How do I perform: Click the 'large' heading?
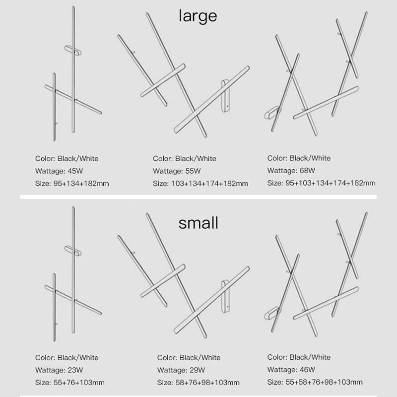tap(198, 16)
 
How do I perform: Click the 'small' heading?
tap(198, 223)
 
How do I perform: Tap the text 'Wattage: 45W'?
tap(59, 171)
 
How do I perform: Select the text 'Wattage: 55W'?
tap(177, 171)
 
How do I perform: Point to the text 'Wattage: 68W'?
tap(291, 170)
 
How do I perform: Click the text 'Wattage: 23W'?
tap(59, 370)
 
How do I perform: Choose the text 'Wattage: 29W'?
tap(181, 370)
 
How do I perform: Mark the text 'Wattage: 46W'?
tap(291, 369)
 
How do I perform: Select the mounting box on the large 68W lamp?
tap(271, 113)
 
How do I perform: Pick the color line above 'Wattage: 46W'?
tap(299, 357)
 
